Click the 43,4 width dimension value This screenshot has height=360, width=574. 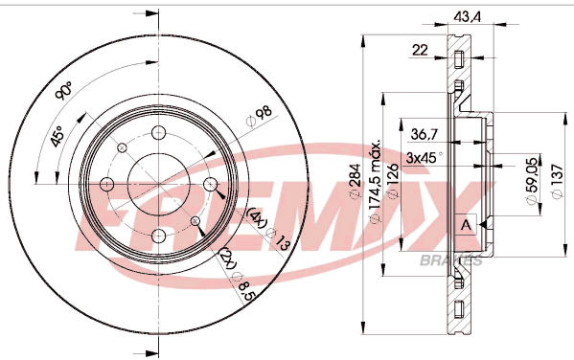(467, 17)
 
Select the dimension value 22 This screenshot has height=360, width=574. (420, 50)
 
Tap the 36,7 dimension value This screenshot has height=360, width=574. (424, 134)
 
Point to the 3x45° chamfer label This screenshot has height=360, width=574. (425, 158)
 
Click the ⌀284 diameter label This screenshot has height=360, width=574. (356, 182)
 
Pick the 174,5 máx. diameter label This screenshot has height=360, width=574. (375, 180)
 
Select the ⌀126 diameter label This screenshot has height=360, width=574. (393, 182)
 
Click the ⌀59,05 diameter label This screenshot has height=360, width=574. (532, 181)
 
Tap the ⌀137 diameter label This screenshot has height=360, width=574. (557, 182)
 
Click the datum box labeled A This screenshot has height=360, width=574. (466, 224)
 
